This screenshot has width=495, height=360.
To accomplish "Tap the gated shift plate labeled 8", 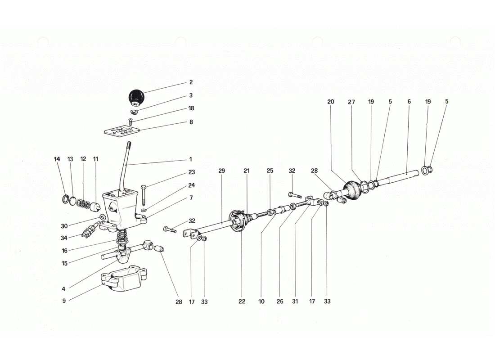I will pyautogui.click(x=121, y=132).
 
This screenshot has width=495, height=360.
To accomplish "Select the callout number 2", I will pyautogui.click(x=191, y=82).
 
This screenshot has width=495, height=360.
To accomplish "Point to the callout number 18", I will pyautogui.click(x=191, y=108).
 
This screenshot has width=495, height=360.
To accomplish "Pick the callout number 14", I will pyautogui.click(x=57, y=159).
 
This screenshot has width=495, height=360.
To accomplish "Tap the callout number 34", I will pyautogui.click(x=64, y=238).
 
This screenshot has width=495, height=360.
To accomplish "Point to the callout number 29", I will pyautogui.click(x=221, y=171).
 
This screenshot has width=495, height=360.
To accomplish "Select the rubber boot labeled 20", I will pyautogui.click(x=352, y=190).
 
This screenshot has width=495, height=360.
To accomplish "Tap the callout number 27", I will pyautogui.click(x=351, y=102).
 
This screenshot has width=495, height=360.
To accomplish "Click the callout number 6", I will pyautogui.click(x=409, y=102).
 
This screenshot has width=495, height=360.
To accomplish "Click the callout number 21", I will pyautogui.click(x=247, y=171).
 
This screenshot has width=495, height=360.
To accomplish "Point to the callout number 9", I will pyautogui.click(x=64, y=301).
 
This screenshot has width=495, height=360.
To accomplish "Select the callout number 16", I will pyautogui.click(x=64, y=251).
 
